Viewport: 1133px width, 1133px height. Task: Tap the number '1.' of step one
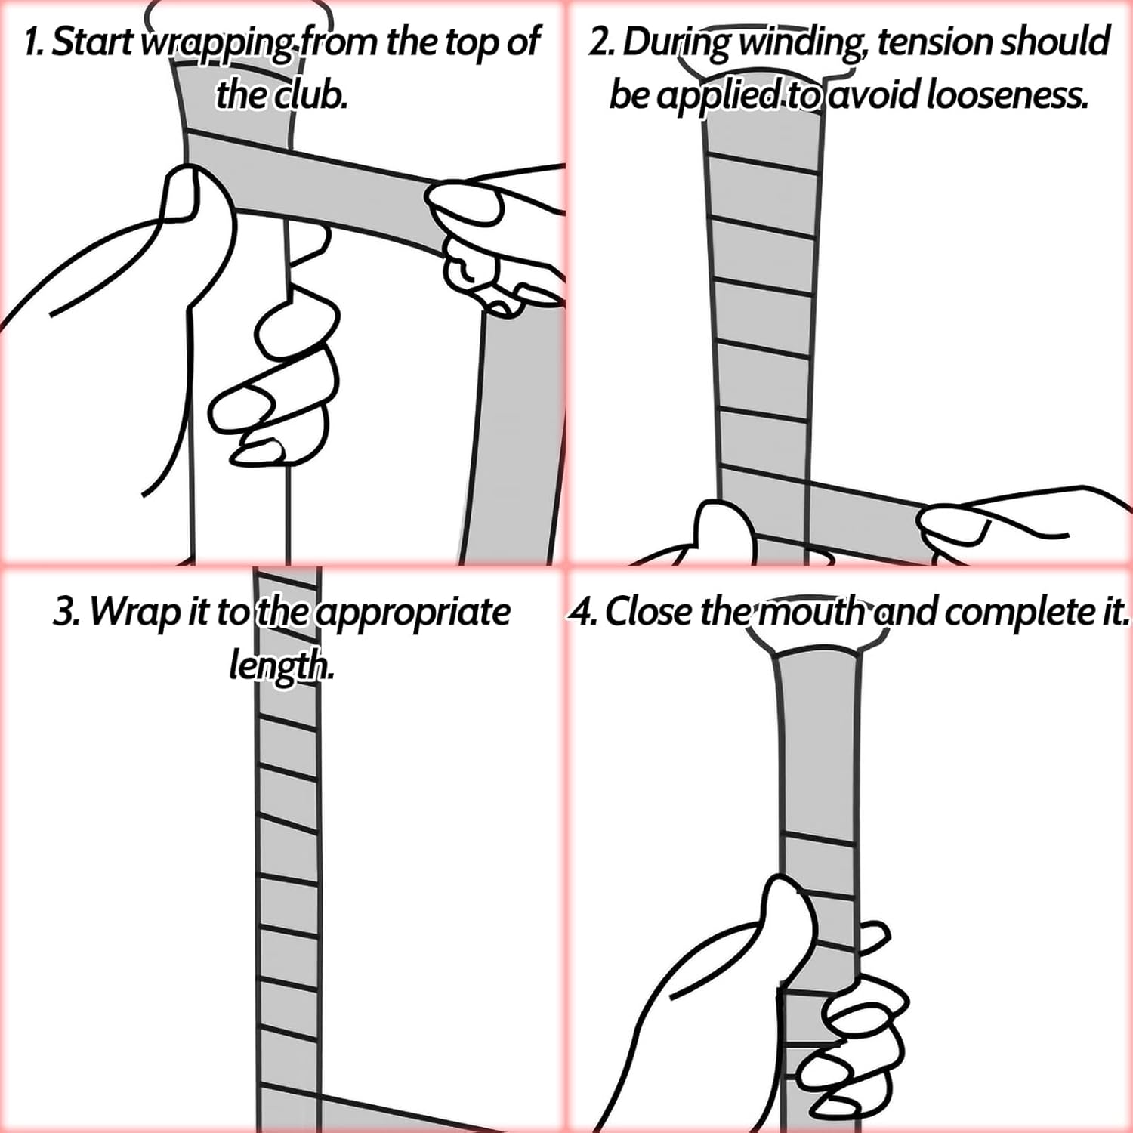coord(35,42)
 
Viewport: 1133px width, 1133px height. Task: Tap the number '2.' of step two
coord(601,42)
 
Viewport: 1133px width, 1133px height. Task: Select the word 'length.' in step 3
coord(281,666)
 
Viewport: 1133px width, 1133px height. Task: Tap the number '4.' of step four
coord(583,612)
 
